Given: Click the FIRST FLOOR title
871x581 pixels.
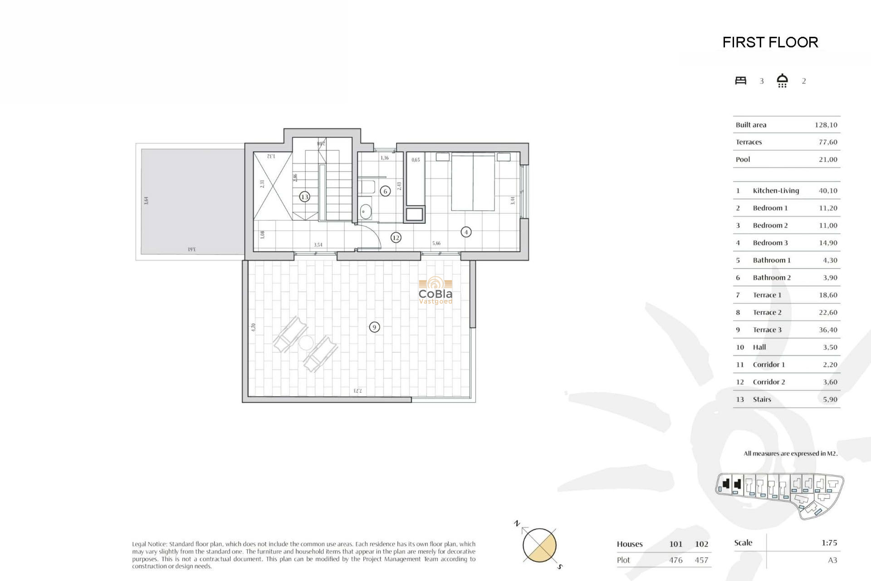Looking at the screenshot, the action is (770, 42).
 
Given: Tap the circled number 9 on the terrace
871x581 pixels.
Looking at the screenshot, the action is (374, 327).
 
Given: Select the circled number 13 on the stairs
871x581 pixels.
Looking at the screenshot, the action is (304, 197).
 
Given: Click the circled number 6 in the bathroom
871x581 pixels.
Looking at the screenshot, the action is (385, 191).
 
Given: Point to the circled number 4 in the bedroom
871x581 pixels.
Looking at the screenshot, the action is (466, 232).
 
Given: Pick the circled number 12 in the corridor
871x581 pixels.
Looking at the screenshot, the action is (396, 237).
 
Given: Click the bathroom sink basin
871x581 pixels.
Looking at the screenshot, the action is (366, 212).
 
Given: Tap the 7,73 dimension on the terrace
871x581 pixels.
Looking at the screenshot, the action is (357, 390).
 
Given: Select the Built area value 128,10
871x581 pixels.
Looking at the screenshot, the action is (826, 125).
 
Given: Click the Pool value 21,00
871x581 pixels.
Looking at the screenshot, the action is (828, 159).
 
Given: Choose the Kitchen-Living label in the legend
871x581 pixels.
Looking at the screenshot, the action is (776, 191).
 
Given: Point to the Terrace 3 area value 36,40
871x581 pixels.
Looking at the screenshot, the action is (828, 330).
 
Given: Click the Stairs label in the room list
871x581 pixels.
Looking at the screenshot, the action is (762, 399).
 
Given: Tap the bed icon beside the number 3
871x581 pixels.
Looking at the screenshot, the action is (741, 81).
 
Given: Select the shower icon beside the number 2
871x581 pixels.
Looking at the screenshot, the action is (782, 80).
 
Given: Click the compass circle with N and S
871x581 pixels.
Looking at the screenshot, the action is (539, 545).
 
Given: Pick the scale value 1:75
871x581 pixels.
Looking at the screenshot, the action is (829, 543).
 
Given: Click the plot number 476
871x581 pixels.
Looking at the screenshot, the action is (676, 560).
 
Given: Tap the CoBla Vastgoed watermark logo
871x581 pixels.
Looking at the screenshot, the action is (435, 290).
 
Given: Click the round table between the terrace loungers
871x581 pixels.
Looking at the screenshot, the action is (306, 343).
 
